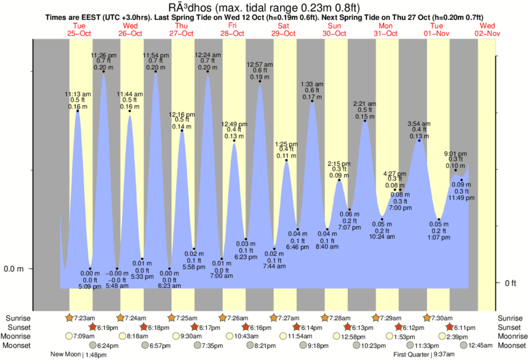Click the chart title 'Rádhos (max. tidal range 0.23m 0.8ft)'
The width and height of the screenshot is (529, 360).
264,7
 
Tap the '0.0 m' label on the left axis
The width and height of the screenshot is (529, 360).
14,269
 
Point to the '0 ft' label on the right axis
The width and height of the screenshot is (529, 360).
512,283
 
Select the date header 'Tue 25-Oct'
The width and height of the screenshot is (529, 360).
79,29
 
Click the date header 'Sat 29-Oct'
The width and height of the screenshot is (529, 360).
284,29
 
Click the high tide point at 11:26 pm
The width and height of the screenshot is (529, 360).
103,71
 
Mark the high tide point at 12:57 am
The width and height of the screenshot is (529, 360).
259,85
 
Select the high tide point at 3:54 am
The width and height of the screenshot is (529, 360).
419,140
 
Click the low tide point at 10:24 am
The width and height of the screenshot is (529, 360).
382,219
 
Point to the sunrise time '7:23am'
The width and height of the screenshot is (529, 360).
85,317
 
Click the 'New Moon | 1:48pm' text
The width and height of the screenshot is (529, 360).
79,355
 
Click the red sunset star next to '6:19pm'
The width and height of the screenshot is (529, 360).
93,327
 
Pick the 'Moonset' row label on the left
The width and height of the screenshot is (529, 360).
18,346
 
